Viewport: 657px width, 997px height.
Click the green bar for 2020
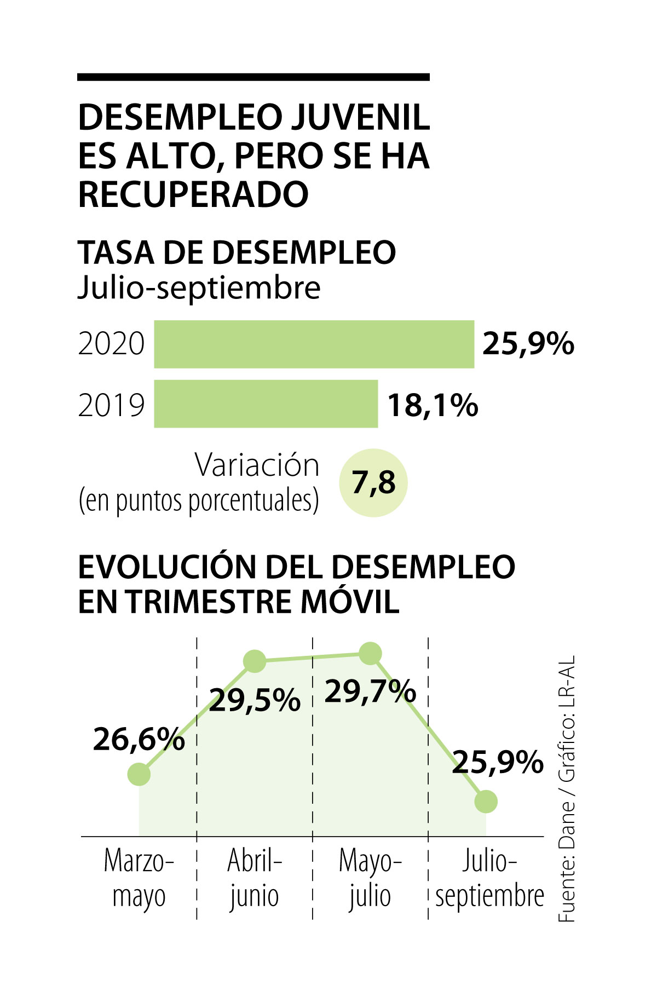click(x=314, y=344)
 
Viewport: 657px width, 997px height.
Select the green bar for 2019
click(x=266, y=404)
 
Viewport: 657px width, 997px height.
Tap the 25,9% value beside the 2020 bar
click(x=528, y=344)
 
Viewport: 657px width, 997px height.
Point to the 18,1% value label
click(x=433, y=405)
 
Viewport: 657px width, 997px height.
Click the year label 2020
click(x=111, y=344)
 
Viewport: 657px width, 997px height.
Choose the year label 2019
click(x=111, y=406)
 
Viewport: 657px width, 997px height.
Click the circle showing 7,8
click(x=373, y=482)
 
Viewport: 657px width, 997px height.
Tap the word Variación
click(x=257, y=465)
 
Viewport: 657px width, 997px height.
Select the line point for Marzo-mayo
click(x=139, y=774)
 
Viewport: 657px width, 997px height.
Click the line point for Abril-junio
click(x=255, y=661)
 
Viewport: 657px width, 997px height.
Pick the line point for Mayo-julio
click(x=370, y=654)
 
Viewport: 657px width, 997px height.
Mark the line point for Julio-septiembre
click(x=486, y=802)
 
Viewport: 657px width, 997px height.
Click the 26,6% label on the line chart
click(x=139, y=740)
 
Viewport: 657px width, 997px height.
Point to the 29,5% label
click(x=255, y=700)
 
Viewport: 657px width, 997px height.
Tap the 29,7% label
click(x=370, y=691)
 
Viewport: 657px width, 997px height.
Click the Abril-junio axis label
click(x=255, y=878)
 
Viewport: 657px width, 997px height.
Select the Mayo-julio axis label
click(x=370, y=878)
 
